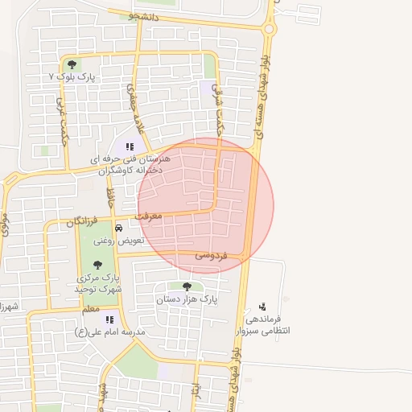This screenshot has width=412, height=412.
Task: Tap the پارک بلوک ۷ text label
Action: click(72, 77)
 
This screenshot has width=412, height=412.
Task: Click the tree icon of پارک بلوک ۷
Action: click(72, 64)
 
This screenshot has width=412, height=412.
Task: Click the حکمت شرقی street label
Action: click(220, 108)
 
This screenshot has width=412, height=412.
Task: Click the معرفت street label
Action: click(148, 216)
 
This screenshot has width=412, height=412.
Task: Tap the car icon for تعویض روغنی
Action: click(119, 228)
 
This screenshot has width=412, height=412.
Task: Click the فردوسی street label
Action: click(212, 255)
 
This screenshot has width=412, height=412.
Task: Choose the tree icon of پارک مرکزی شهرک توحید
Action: click(97, 265)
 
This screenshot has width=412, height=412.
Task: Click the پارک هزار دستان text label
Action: click(188, 299)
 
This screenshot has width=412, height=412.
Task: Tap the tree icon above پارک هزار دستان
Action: click(187, 286)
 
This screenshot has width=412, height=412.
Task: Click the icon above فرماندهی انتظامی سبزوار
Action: click(262, 306)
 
